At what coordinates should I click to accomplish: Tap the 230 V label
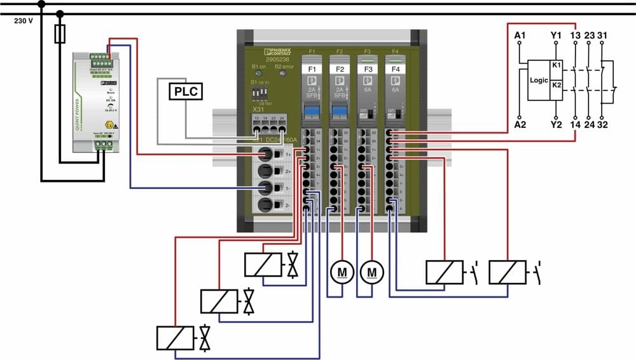click(x=24, y=20)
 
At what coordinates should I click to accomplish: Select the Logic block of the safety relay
click(x=539, y=81)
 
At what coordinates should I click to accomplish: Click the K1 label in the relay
click(x=556, y=66)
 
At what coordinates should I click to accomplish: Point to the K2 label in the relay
click(x=556, y=85)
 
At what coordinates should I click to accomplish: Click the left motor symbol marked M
click(x=342, y=272)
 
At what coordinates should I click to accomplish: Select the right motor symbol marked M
click(x=371, y=272)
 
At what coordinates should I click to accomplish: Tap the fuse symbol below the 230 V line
click(x=60, y=34)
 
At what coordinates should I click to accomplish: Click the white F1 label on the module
click(x=312, y=69)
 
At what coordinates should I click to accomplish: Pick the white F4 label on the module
click(x=396, y=69)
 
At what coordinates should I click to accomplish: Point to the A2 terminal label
click(x=520, y=125)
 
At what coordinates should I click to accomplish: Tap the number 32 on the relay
click(x=602, y=125)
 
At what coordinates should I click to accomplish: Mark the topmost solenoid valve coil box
click(x=263, y=265)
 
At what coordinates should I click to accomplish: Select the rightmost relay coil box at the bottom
click(x=508, y=272)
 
